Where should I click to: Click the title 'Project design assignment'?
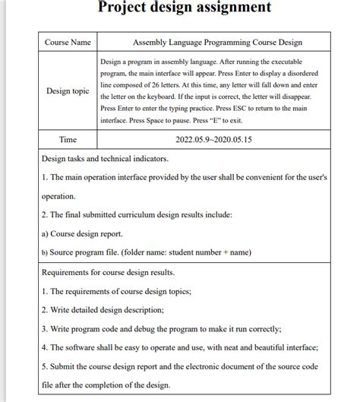(x=185, y=8)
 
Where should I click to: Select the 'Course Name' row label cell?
(x=68, y=43)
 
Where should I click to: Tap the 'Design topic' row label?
(x=68, y=91)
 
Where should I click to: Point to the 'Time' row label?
(x=68, y=140)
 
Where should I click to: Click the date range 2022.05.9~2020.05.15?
(x=215, y=140)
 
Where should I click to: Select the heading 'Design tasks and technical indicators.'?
(x=105, y=159)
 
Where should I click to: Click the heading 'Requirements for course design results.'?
(x=108, y=272)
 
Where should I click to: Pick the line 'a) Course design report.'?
(x=81, y=233)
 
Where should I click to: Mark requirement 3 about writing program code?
(x=161, y=329)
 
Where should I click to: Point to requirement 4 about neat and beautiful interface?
(x=179, y=347)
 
